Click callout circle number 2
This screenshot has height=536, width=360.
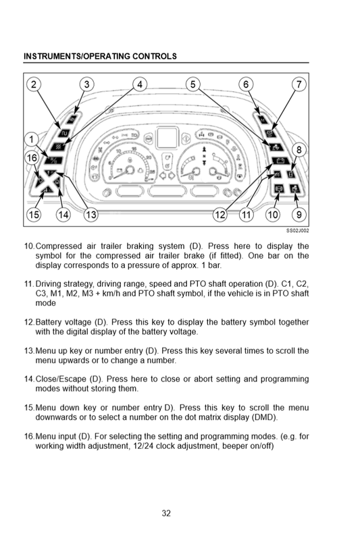pos(34,84)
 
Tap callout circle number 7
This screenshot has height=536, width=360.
pos(299,84)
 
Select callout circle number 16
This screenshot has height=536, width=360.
pos(32,157)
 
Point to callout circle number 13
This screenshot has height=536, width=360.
pos(91,215)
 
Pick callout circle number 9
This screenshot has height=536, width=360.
pos(299,215)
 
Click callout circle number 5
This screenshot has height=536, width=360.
pos(192,84)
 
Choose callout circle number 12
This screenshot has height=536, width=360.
pos(220,215)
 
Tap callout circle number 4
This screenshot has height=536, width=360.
pos(140,84)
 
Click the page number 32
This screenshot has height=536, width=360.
pos(166,513)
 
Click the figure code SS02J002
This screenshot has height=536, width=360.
pos(297,231)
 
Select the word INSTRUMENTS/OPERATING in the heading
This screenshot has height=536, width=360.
pos(77,57)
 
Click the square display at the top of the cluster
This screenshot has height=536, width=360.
pos(168,138)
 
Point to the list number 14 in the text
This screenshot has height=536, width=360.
pos(29,379)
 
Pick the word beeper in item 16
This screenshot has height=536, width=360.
pos(234,446)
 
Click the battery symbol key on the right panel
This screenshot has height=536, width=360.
pos(280,161)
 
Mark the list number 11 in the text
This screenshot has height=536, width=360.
pos(29,284)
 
